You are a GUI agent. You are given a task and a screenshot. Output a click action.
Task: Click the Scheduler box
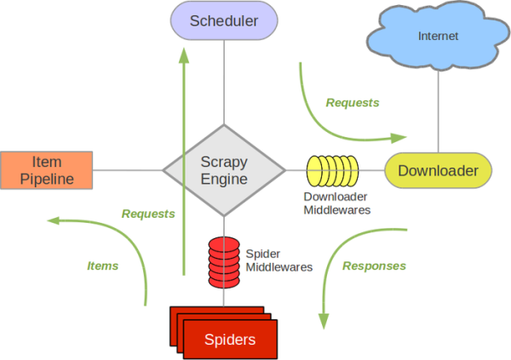[x=224, y=21]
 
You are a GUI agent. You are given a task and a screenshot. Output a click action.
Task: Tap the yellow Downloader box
[x=438, y=171]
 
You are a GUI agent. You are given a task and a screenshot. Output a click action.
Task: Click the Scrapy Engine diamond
[x=224, y=169]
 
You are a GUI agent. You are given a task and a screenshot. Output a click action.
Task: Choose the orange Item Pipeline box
[x=46, y=169]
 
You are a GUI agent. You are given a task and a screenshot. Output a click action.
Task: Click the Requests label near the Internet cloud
[x=353, y=103]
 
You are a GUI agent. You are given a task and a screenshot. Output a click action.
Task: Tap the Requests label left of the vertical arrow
[x=147, y=214]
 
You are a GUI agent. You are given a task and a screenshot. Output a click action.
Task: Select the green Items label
[x=103, y=266]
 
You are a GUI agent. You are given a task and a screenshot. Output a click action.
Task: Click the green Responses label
[x=374, y=266]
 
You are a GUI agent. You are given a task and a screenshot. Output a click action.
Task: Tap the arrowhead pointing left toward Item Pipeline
[x=53, y=220]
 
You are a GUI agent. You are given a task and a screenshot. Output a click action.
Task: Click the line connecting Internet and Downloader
[x=438, y=111]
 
